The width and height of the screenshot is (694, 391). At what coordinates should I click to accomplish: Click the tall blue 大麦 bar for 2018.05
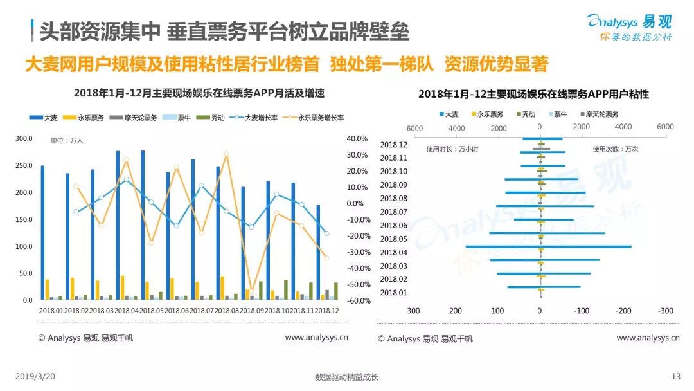click(142, 225)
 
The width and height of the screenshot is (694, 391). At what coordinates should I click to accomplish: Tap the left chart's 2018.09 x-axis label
click(251, 311)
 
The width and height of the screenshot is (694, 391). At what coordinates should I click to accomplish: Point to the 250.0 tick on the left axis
click(24, 166)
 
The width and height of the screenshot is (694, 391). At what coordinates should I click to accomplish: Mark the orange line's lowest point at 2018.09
click(252, 291)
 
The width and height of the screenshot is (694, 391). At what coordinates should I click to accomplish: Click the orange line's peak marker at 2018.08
click(226, 154)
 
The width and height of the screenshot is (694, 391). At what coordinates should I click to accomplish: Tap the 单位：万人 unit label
click(67, 140)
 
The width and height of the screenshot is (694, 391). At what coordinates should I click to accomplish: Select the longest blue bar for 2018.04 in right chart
click(548, 246)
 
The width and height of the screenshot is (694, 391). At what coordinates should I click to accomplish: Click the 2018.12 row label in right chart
click(393, 145)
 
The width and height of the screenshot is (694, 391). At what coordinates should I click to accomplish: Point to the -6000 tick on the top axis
click(414, 127)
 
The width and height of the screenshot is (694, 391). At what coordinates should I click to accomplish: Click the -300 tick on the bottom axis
click(665, 311)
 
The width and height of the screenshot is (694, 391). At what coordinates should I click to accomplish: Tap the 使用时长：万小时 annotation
click(452, 149)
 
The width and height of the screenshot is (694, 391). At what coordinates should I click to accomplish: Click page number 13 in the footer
click(675, 377)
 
